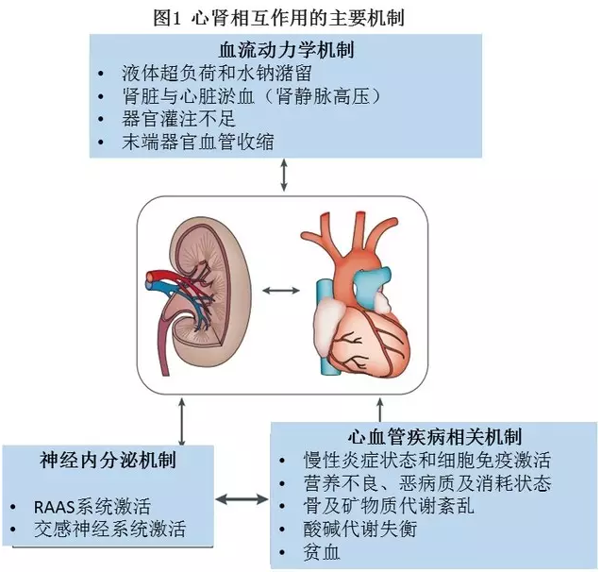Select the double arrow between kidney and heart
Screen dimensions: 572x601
coord(279,290)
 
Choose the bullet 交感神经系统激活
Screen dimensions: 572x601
coord(118,530)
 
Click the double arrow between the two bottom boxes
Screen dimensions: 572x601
coord(242,498)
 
